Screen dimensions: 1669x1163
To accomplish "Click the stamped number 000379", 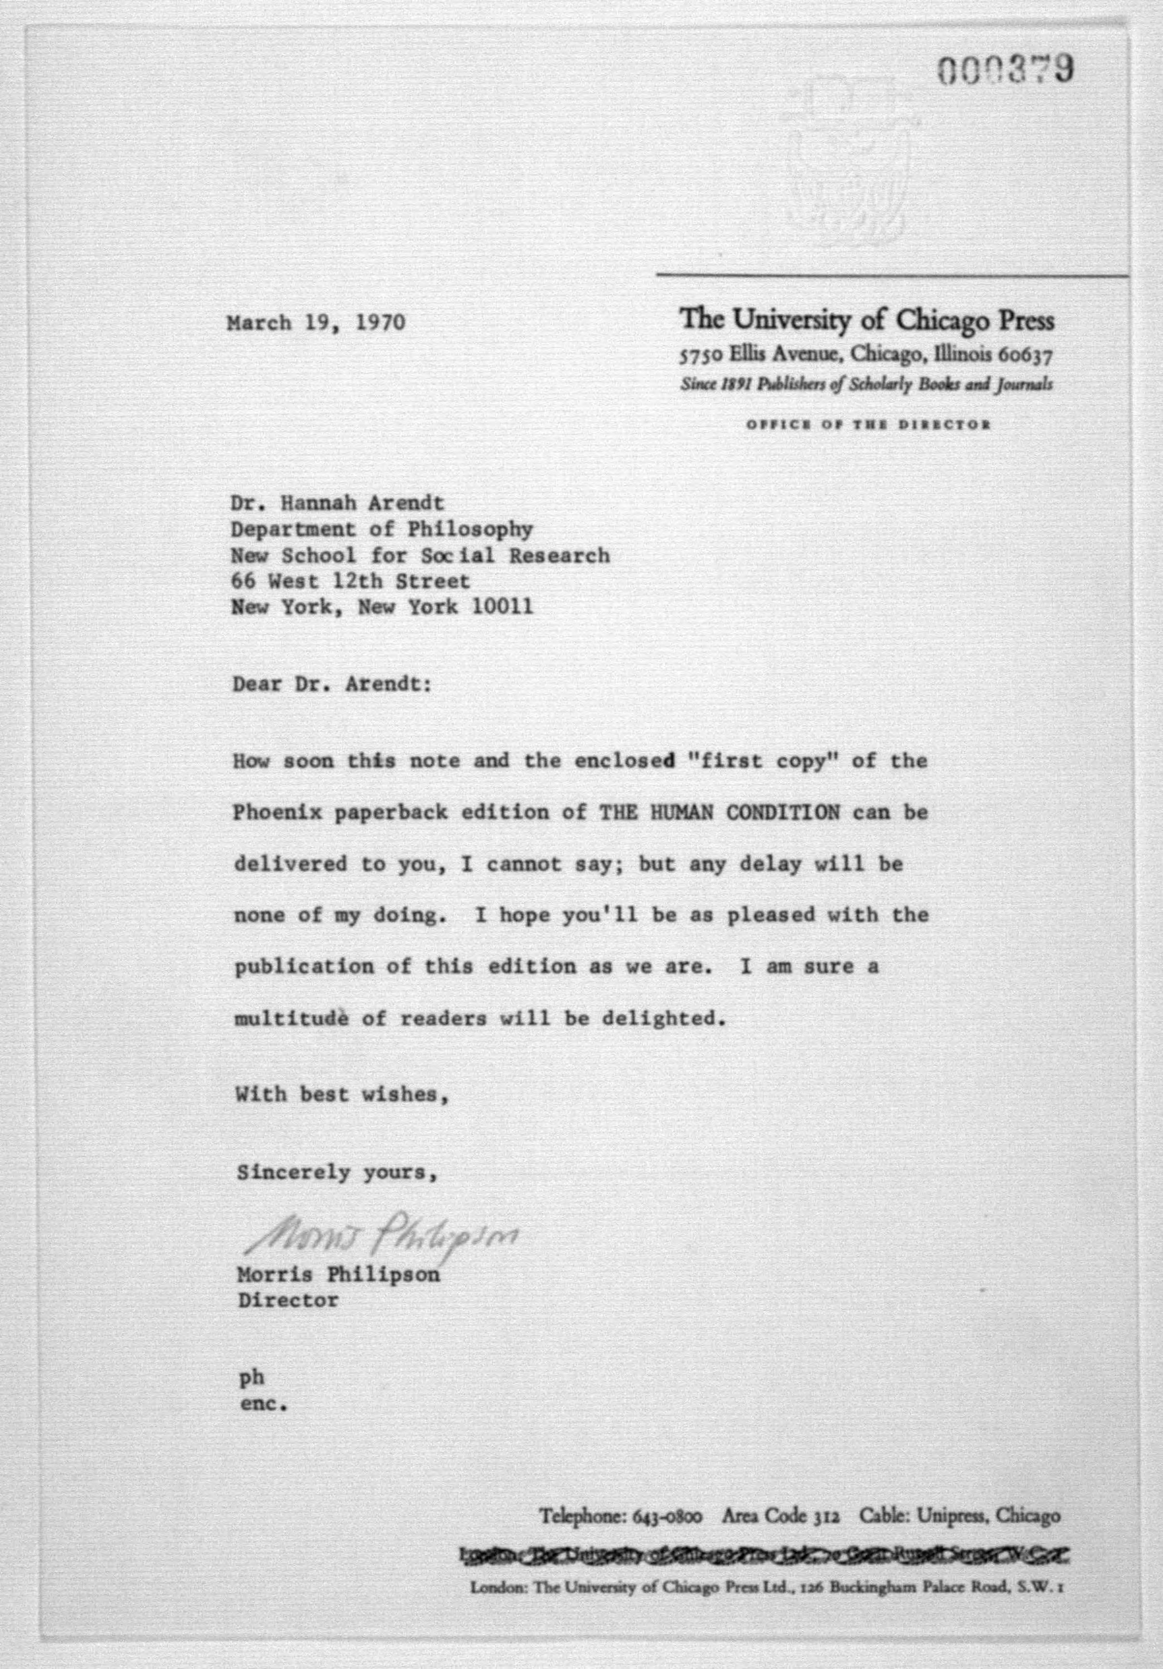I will [1004, 71].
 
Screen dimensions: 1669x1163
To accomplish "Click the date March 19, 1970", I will [316, 322].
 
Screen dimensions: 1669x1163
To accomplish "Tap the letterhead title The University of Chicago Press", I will [867, 320].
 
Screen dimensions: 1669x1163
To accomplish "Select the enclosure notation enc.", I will [263, 1405].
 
